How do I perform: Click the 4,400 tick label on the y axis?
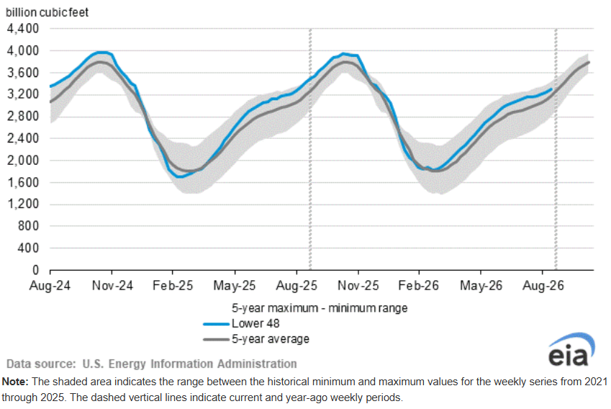click(23, 29)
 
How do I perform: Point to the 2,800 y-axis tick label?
click(23, 116)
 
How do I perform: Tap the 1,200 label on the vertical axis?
click(23, 204)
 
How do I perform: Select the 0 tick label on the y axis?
click(35, 270)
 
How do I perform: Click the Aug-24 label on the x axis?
click(50, 286)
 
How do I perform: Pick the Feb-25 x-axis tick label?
click(173, 286)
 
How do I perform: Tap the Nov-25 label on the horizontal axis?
click(358, 286)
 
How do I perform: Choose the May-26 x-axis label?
click(481, 286)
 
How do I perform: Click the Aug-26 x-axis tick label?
click(543, 286)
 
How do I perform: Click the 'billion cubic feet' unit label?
click(47, 12)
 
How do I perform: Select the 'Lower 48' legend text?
click(255, 323)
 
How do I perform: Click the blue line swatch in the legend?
click(217, 324)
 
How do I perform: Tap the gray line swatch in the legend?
click(217, 340)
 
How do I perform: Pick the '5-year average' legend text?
click(271, 339)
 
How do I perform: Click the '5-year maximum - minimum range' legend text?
click(320, 308)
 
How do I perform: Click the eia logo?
click(571, 349)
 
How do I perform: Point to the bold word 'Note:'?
click(15, 382)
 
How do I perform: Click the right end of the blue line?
click(551, 89)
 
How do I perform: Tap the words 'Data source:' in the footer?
click(41, 364)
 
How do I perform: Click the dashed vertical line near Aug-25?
click(310, 149)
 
